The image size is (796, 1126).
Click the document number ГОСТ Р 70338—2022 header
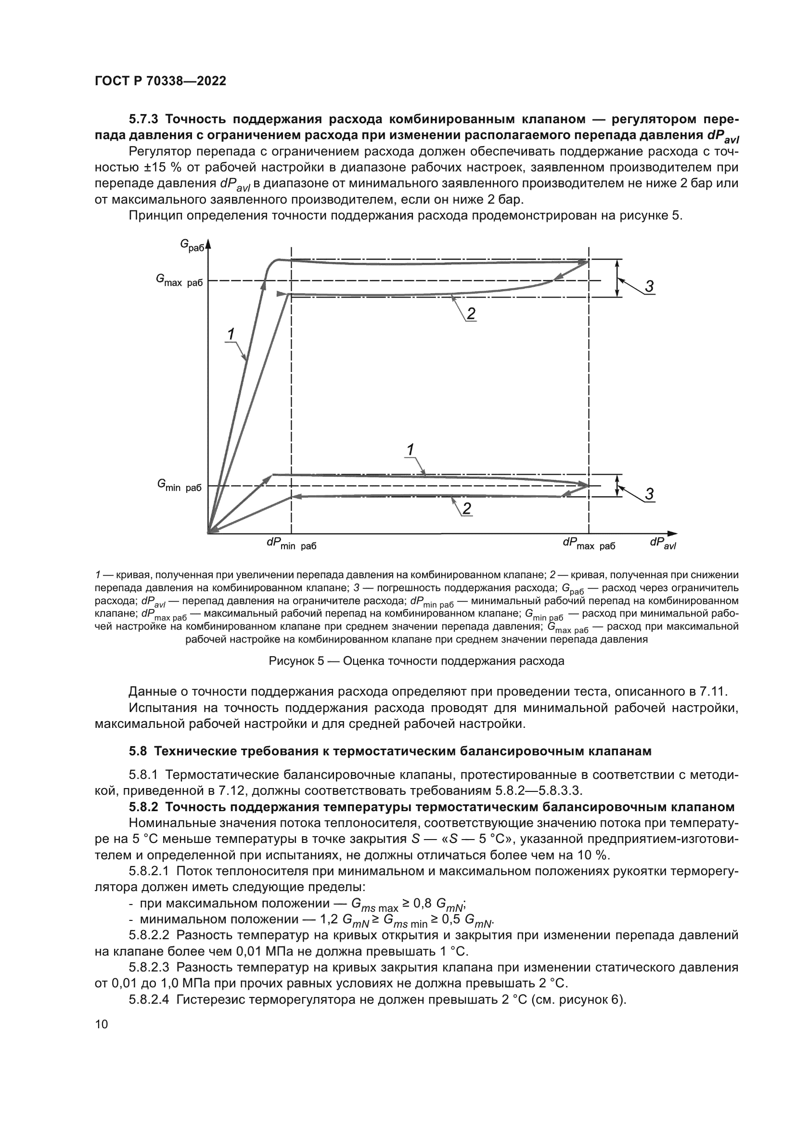coord(160,81)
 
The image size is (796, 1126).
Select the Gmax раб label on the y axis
coord(179,281)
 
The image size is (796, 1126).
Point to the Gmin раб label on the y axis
coord(179,486)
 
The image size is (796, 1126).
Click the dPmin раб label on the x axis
coord(291,544)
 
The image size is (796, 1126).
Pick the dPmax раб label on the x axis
coord(589,544)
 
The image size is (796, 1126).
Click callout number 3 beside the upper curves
coord(648,286)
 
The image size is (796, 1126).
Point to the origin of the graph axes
coord(208,532)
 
